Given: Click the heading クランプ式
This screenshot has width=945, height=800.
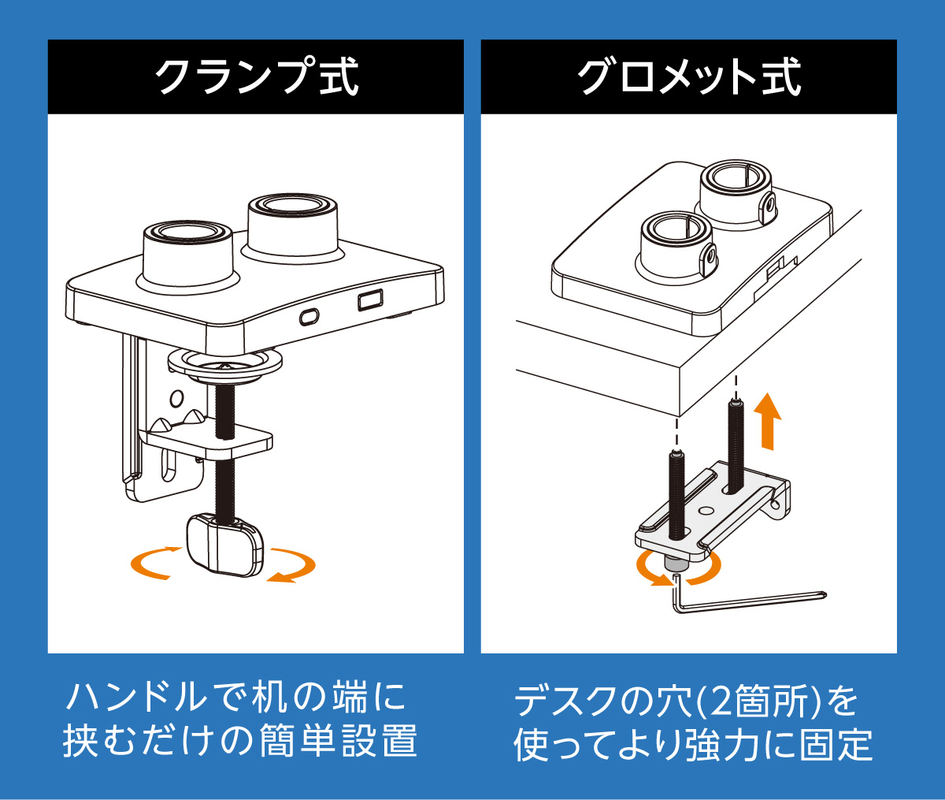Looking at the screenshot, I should pyautogui.click(x=256, y=77).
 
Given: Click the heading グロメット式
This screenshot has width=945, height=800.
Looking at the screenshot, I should pyautogui.click(x=689, y=77).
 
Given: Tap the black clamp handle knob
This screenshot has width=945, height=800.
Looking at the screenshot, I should pyautogui.click(x=224, y=544).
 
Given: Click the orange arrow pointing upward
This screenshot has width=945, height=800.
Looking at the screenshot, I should pyautogui.click(x=767, y=421).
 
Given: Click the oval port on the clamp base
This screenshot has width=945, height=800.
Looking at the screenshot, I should pyautogui.click(x=309, y=316).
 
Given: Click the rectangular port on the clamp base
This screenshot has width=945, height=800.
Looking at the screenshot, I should pyautogui.click(x=369, y=300).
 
